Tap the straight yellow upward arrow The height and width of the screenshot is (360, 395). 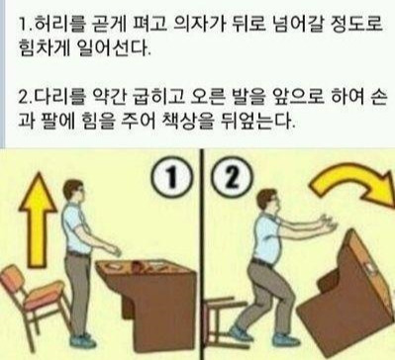38,219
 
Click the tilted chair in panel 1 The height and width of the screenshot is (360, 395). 34,301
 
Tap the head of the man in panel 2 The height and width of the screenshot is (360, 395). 267,202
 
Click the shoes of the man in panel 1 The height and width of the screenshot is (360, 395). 81,340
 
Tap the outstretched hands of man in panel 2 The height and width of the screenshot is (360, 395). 328,225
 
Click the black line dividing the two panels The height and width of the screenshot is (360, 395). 202,254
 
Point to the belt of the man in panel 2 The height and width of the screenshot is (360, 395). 262,263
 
